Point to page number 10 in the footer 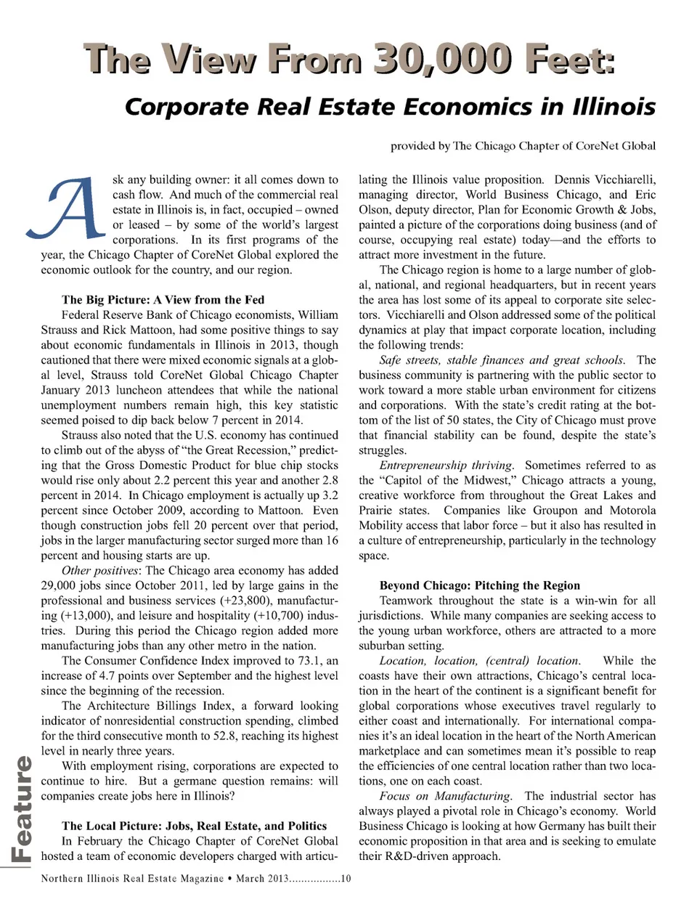coord(346,879)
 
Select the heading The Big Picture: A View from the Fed coord(163,300)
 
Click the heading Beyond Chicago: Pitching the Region coord(480,585)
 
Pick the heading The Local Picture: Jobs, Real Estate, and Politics coord(195,826)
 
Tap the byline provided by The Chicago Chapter coord(523,146)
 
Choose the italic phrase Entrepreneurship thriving coord(446,466)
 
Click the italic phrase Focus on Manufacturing coord(445,797)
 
